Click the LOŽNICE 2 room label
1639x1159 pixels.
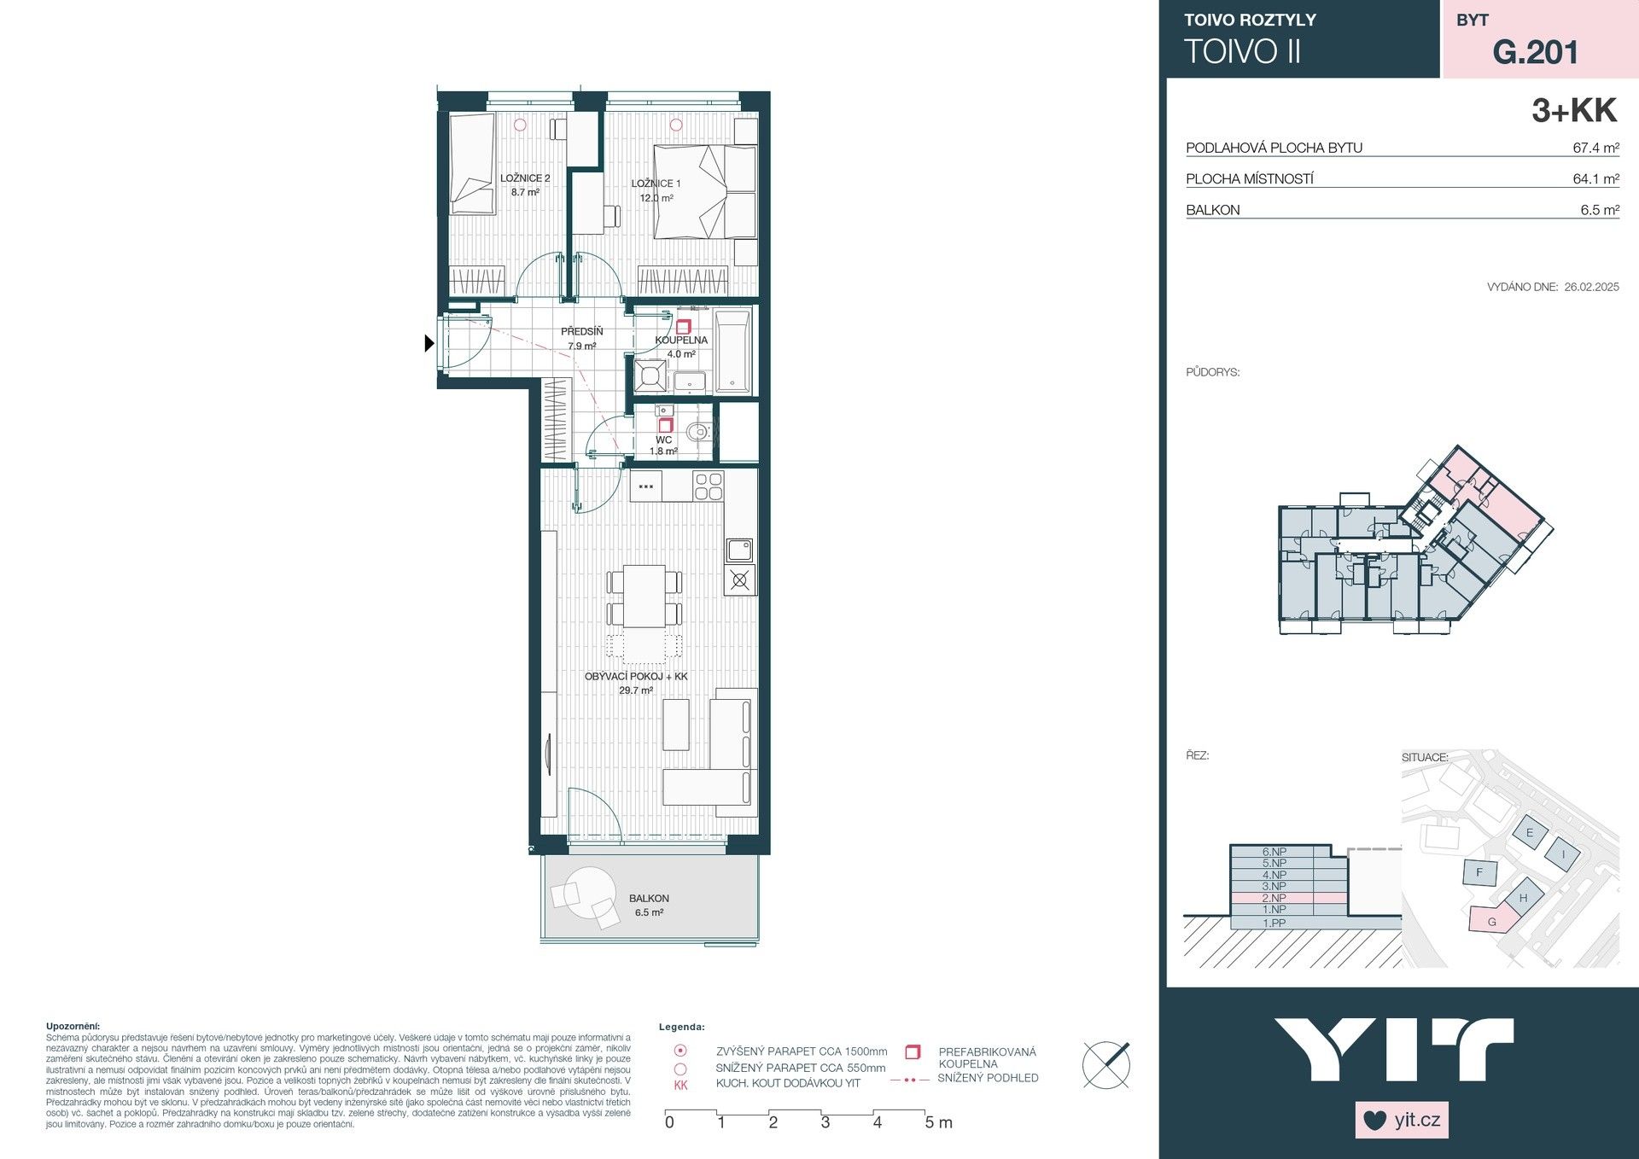click(x=524, y=178)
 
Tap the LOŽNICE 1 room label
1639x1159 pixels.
click(x=656, y=183)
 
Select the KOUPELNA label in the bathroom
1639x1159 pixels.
click(x=681, y=340)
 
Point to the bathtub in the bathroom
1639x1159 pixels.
click(x=732, y=350)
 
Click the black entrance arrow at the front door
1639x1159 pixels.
click(x=429, y=343)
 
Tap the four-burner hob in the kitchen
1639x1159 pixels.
click(x=708, y=486)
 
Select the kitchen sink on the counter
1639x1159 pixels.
click(x=739, y=549)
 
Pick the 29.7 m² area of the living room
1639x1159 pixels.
click(x=635, y=690)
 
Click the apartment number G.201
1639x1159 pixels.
click(x=1535, y=52)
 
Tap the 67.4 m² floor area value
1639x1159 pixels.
click(x=1595, y=148)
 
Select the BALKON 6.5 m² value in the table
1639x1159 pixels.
click(x=1599, y=210)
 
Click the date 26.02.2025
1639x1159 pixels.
click(x=1591, y=287)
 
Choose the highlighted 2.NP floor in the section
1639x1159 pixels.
click(x=1274, y=899)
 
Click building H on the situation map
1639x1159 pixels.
click(x=1523, y=898)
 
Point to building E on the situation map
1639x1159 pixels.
click(x=1529, y=833)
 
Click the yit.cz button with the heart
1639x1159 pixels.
click(x=1402, y=1120)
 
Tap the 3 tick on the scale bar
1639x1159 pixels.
click(x=825, y=1122)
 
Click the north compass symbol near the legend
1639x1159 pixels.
click(x=1106, y=1064)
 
